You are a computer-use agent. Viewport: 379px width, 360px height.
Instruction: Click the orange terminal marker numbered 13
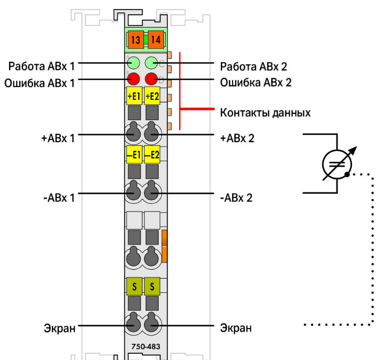135,40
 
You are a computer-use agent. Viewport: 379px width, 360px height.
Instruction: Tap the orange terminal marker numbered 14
155,40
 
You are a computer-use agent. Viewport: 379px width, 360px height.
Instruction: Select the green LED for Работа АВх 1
133,63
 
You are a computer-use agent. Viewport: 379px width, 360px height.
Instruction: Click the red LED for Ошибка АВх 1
133,78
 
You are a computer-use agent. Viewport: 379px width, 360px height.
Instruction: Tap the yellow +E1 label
134,97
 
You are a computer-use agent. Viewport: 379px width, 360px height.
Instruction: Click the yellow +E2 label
152,97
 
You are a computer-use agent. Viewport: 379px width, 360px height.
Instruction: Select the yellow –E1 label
134,154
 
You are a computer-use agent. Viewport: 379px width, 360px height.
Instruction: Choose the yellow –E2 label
152,154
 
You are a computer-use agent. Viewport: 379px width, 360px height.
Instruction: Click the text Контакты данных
265,113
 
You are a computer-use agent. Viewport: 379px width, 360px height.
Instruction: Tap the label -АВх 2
236,197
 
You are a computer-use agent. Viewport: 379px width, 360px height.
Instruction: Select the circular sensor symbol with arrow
337,164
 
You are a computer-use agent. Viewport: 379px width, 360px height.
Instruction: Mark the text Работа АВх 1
41,65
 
